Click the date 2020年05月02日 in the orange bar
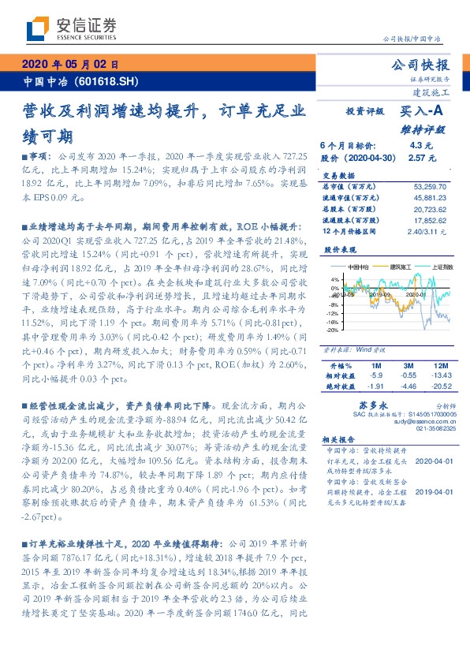coord(69,65)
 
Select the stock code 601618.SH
coord(110,81)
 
